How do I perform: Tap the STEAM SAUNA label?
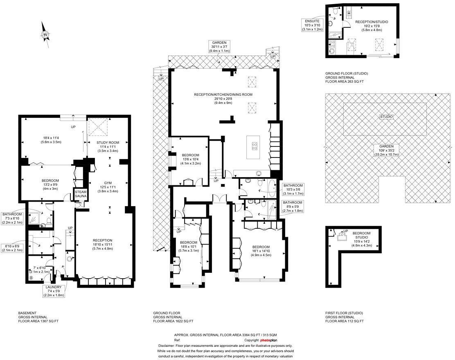80,194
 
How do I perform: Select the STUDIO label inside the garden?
386,117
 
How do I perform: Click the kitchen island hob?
254,145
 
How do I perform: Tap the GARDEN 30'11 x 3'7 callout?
219,46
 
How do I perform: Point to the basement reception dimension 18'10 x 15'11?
102,244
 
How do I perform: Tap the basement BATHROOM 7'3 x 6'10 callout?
14,218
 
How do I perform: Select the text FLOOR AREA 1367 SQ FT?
38,321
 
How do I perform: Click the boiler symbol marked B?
31,279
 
